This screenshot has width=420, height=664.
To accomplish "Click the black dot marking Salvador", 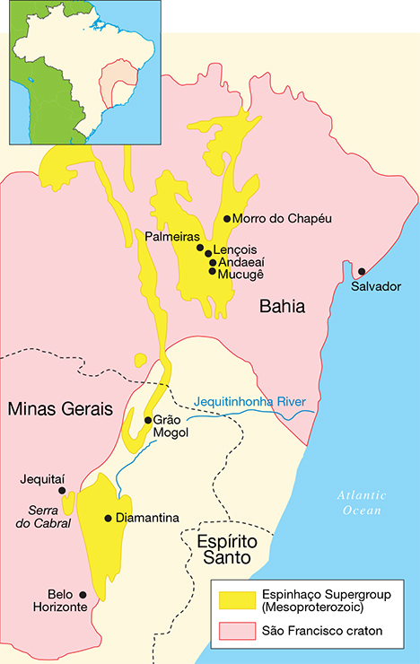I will [362, 271].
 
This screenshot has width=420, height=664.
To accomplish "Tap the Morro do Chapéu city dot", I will [226, 218].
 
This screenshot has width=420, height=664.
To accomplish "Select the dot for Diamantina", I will [109, 518].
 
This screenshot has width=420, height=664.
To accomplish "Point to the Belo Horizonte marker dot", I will [83, 594].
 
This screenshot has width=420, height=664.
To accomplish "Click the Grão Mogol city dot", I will [148, 420].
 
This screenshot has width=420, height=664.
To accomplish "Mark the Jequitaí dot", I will [62, 491].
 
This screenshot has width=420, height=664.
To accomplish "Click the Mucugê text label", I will [241, 273].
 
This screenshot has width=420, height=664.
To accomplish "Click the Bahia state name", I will [282, 307].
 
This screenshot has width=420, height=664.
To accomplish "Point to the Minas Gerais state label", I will [55, 409].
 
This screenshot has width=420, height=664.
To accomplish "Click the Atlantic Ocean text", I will [362, 502].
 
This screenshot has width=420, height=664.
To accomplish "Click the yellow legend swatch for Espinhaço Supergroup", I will [235, 599].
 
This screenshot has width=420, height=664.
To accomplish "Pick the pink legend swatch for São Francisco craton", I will [235, 631].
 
